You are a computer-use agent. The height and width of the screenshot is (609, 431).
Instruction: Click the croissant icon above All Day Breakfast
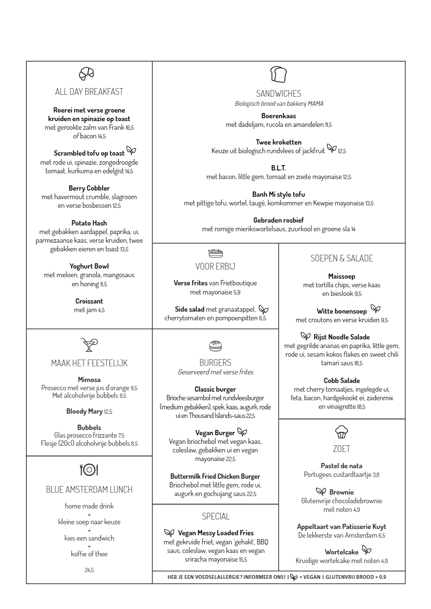(x=87, y=73)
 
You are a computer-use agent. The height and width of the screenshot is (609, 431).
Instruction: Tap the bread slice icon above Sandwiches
(x=278, y=75)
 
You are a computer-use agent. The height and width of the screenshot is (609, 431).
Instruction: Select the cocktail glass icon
(x=89, y=344)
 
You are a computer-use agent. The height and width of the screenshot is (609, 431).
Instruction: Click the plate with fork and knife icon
(x=89, y=470)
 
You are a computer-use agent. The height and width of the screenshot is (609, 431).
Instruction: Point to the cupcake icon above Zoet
(x=341, y=432)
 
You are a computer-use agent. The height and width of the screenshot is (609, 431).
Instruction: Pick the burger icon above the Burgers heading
(x=215, y=346)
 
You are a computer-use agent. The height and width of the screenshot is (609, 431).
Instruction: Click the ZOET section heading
(x=341, y=449)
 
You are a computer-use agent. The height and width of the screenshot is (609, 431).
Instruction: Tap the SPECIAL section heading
(x=215, y=516)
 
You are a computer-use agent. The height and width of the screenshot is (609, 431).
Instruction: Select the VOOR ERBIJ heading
(x=215, y=266)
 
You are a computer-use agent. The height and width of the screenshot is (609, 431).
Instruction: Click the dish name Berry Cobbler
(x=89, y=188)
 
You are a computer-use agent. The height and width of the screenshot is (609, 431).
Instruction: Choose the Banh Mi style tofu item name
(x=279, y=194)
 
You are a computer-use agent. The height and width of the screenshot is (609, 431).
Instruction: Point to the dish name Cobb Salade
(x=341, y=381)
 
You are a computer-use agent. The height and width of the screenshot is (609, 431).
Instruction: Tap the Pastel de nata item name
(x=341, y=466)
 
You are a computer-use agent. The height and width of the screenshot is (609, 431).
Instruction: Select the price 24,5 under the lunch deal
(x=89, y=570)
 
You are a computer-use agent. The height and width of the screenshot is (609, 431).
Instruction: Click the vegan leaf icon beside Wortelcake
(x=366, y=550)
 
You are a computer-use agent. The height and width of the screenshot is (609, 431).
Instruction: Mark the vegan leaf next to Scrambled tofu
(x=131, y=151)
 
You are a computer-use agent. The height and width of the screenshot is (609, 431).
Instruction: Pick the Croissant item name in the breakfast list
(x=89, y=301)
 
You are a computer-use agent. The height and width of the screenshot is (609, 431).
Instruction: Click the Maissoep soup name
(x=341, y=276)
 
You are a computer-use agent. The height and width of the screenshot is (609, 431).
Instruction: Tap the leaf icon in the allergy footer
(x=294, y=577)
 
